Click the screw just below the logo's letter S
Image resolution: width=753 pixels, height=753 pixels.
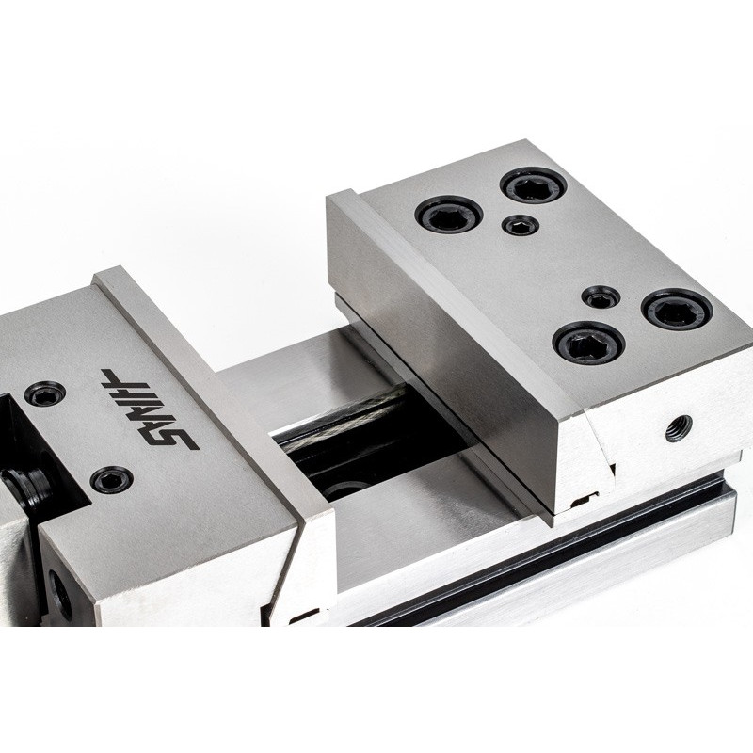[111, 479]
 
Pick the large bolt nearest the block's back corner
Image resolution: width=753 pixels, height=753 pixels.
[534, 185]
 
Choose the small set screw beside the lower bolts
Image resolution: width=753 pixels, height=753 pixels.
[601, 298]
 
